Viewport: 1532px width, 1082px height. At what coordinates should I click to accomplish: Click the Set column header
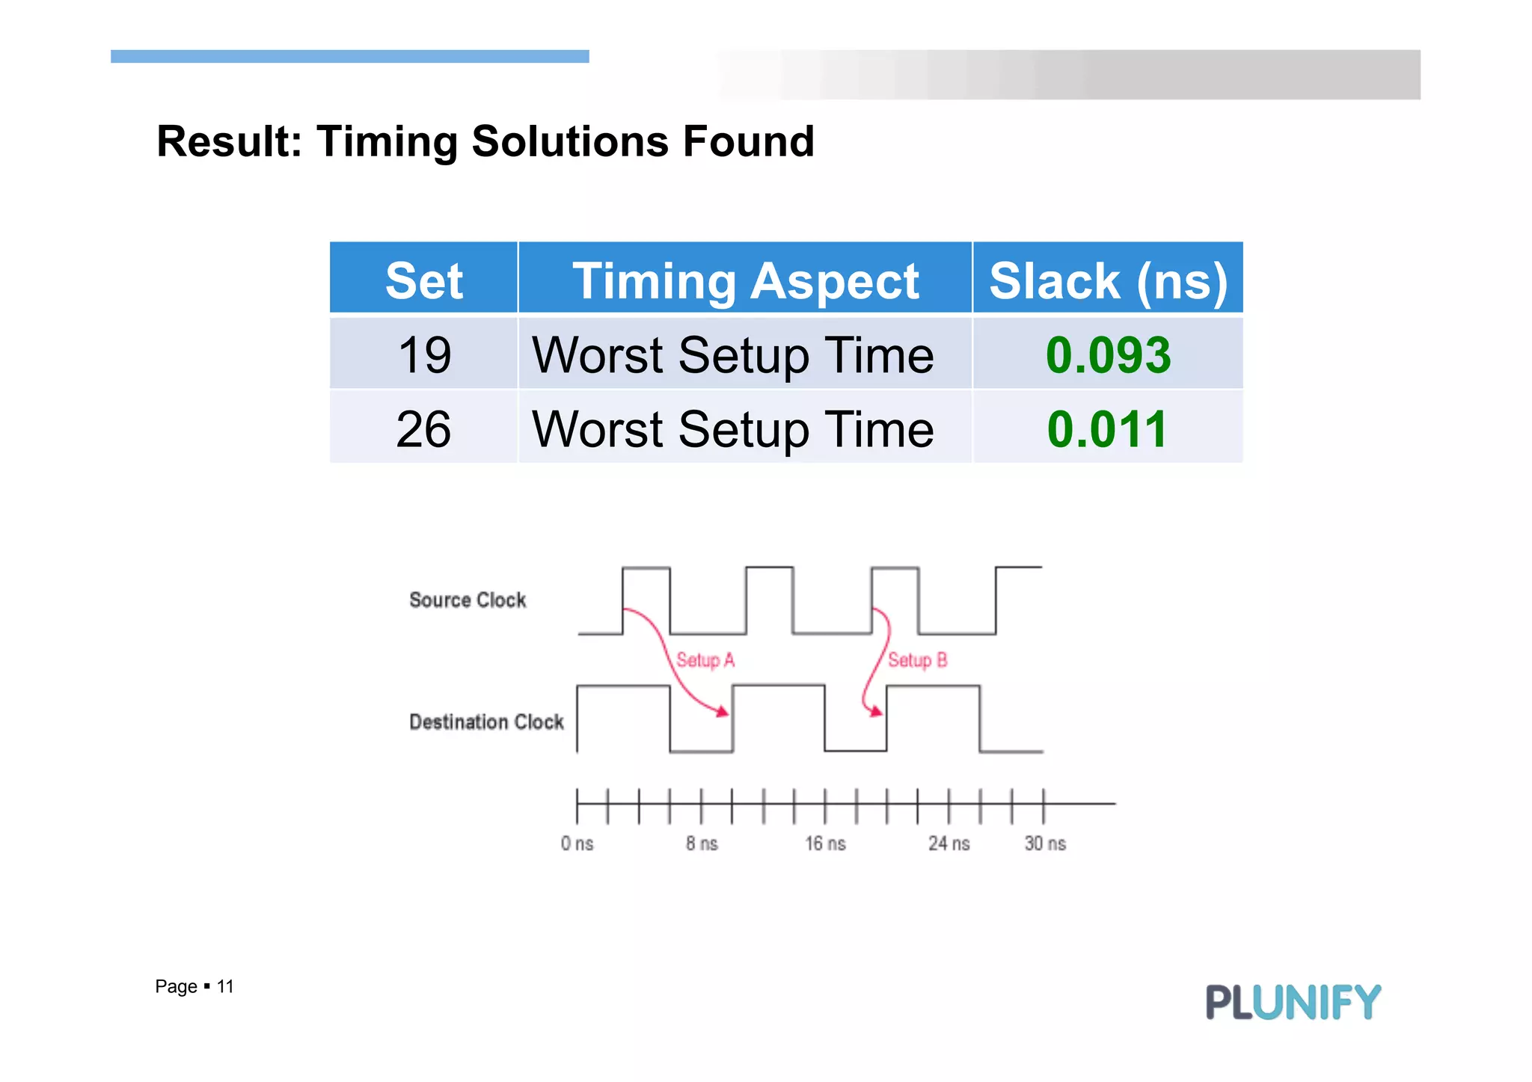click(x=423, y=281)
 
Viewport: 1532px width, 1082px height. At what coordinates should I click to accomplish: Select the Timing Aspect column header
click(x=745, y=281)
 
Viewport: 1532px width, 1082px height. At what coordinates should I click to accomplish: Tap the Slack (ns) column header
click(x=1108, y=281)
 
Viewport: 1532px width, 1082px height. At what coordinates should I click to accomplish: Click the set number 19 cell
click(x=424, y=354)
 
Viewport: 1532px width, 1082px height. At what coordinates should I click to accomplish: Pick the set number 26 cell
click(x=423, y=428)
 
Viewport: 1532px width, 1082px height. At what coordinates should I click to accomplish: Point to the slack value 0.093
click(x=1108, y=354)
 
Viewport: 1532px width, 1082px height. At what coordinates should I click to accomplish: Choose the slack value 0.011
click(x=1107, y=428)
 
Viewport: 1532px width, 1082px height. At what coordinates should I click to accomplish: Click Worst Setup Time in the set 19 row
click(x=733, y=354)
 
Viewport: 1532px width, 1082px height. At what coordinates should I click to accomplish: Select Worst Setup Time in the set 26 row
click(x=733, y=428)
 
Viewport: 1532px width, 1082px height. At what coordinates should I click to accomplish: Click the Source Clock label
click(x=468, y=600)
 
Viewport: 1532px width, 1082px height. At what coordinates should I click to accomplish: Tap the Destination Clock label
click(x=486, y=722)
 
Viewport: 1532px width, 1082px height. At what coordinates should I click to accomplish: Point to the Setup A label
click(x=705, y=660)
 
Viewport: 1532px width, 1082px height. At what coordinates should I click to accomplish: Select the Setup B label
click(x=918, y=660)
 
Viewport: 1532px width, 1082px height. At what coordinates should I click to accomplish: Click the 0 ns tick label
click(x=577, y=843)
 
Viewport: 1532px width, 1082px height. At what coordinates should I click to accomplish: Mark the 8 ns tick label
click(x=702, y=843)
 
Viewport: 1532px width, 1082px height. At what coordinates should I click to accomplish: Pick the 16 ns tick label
click(x=825, y=843)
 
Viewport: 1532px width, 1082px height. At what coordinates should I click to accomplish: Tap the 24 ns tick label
click(x=949, y=843)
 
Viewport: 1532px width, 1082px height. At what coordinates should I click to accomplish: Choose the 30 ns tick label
click(x=1045, y=843)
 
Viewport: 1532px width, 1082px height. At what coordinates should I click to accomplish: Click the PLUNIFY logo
click(x=1293, y=1002)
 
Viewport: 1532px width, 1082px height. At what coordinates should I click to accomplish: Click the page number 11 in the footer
click(x=225, y=986)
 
